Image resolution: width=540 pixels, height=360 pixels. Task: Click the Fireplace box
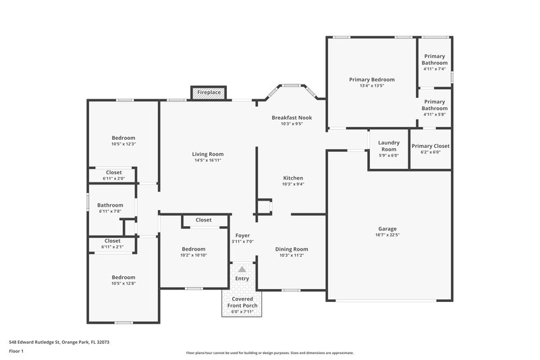[x=209, y=93]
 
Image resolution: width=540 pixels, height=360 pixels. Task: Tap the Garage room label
[x=387, y=229]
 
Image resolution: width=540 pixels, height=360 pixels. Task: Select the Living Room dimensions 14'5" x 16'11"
[x=207, y=161]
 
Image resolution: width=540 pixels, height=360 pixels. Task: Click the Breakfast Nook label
[x=292, y=118]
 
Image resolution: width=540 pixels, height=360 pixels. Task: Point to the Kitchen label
[x=292, y=178]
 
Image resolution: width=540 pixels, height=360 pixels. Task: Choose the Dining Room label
[x=292, y=249]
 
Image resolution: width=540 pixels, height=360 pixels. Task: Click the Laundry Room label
[x=388, y=145]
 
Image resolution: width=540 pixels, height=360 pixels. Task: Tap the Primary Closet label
[x=430, y=146]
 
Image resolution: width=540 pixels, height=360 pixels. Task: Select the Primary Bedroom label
[x=371, y=80]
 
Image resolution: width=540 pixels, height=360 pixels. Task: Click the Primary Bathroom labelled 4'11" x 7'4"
[x=435, y=60]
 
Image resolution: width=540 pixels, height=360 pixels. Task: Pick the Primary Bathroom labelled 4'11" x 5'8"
[x=435, y=105]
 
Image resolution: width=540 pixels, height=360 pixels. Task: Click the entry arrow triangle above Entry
[x=242, y=269]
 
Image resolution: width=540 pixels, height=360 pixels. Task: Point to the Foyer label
[x=242, y=235]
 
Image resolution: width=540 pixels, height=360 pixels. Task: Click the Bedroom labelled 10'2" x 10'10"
[x=193, y=249]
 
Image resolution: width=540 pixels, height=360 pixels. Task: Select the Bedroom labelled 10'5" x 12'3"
[x=124, y=138]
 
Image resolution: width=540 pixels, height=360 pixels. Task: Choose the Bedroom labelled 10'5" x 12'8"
[x=124, y=277]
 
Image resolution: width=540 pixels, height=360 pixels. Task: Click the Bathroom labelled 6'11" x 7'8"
[x=110, y=205]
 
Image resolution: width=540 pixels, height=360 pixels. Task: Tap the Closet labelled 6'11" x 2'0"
[x=113, y=172]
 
